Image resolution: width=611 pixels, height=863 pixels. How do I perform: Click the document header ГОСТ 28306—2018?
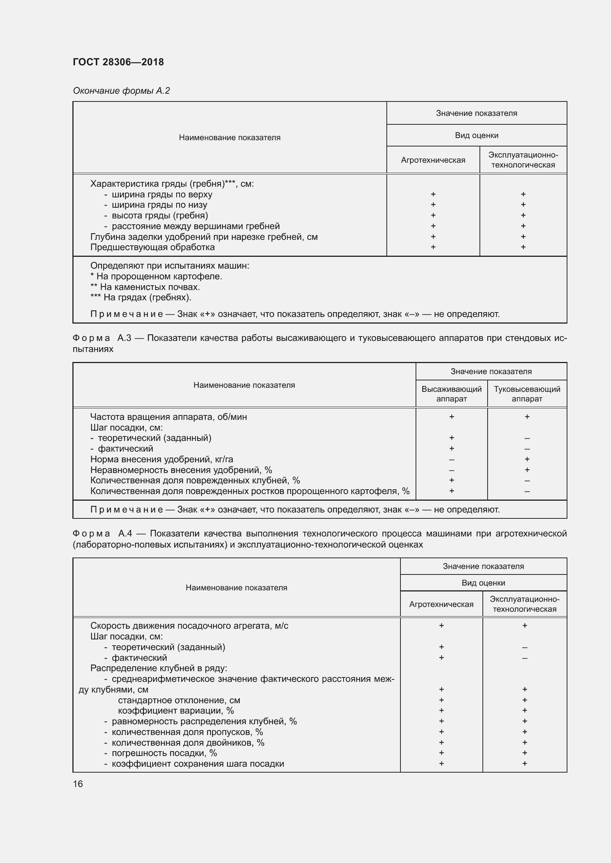[118, 62]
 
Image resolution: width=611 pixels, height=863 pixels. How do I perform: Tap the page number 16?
[78, 784]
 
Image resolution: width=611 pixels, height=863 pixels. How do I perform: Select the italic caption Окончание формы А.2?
[121, 91]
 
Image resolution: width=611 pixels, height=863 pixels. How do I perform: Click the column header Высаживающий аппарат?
[451, 394]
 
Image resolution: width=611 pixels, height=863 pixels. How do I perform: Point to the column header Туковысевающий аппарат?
[527, 394]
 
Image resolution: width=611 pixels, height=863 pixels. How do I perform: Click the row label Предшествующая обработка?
[152, 247]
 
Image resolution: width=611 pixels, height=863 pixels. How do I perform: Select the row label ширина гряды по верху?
[162, 194]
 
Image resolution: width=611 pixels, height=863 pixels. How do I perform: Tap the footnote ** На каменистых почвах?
[145, 287]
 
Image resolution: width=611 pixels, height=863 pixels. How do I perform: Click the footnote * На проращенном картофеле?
[156, 276]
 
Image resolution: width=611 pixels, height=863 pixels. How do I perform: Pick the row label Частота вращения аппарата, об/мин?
[168, 417]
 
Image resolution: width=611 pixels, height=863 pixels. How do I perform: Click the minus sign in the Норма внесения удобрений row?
[451, 459]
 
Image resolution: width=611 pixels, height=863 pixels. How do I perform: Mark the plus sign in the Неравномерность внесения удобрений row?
[527, 470]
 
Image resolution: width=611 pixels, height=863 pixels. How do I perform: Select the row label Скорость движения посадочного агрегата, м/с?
[189, 626]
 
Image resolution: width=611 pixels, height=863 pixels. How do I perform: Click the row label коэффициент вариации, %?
[176, 711]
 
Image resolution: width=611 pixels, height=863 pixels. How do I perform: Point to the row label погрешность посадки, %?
[164, 753]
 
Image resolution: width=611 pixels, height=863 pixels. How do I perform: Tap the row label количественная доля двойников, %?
[188, 743]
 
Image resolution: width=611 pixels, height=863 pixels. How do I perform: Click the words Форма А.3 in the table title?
[102, 338]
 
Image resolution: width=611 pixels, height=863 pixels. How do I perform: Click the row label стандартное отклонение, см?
[179, 700]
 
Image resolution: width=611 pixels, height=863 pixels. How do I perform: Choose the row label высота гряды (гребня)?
[160, 215]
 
